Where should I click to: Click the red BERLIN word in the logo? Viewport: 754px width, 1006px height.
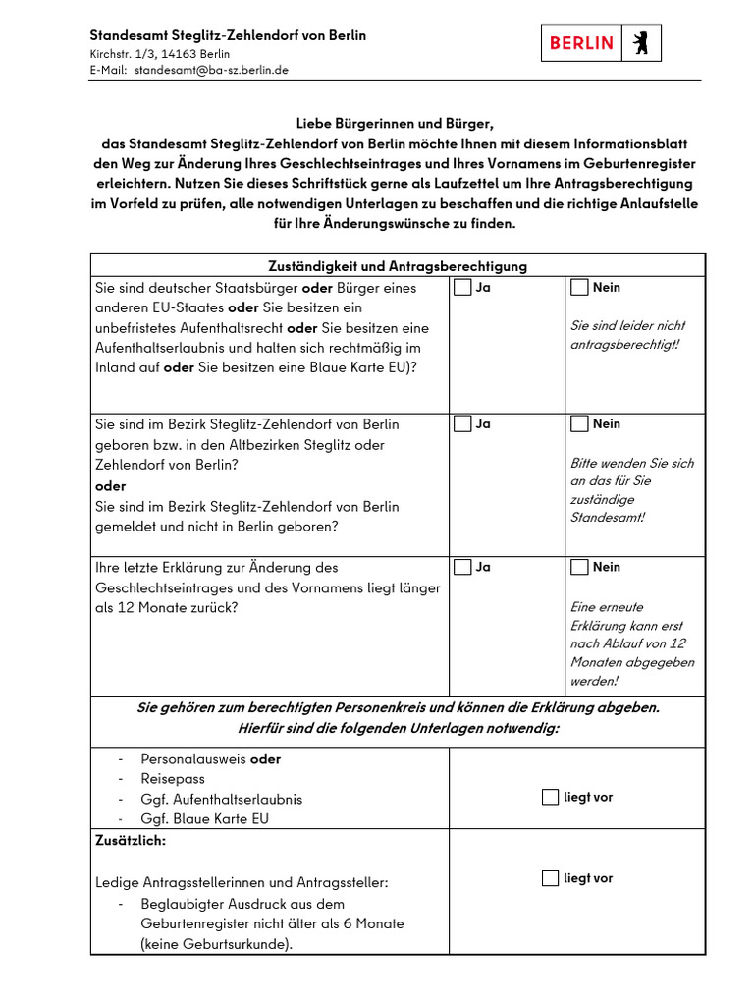coord(581,43)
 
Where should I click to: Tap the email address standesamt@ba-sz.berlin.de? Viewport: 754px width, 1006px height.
coord(211,70)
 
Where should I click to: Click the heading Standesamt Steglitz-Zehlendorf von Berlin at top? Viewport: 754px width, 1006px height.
coord(228,35)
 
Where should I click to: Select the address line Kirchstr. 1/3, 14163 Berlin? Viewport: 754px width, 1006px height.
coord(160,54)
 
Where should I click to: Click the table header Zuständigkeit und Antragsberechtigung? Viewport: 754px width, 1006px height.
coord(398,266)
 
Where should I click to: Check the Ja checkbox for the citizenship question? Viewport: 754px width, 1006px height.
coord(462,288)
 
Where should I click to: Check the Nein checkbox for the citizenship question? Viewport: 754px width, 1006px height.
coord(579,288)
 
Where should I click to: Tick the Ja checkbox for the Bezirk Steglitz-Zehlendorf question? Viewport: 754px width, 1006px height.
coord(462,424)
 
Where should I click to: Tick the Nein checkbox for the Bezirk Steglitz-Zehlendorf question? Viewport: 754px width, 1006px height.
coord(579,424)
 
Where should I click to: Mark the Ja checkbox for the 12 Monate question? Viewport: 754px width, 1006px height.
coord(462,567)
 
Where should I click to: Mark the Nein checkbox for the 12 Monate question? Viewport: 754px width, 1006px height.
coord(579,567)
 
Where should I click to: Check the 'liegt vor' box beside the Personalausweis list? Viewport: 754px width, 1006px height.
coord(550,797)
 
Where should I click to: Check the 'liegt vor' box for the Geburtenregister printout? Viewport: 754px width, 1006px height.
coord(550,878)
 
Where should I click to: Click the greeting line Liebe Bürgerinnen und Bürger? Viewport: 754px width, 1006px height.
coord(394,124)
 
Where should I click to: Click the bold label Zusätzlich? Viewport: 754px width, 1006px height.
coord(131,842)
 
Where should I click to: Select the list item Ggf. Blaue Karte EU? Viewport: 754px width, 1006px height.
coord(204,818)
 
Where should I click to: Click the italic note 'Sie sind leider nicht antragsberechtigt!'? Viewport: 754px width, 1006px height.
coord(628,335)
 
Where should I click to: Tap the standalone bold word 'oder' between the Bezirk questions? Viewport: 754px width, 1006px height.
coord(110,486)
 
